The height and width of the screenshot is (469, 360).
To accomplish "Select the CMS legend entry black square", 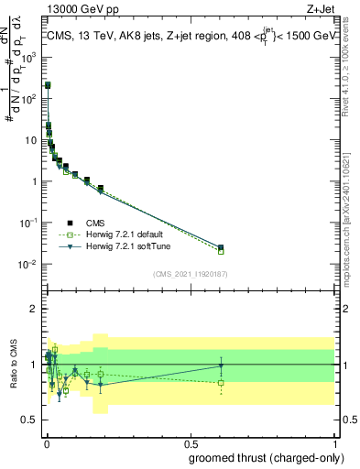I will [x=71, y=222].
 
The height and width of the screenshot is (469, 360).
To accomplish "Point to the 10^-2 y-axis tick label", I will [x=28, y=265].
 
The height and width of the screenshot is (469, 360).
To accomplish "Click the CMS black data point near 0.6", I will [x=221, y=247].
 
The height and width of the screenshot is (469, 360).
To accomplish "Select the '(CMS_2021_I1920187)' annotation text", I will [x=191, y=273].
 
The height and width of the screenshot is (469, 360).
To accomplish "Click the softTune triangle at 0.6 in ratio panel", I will [x=221, y=365].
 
